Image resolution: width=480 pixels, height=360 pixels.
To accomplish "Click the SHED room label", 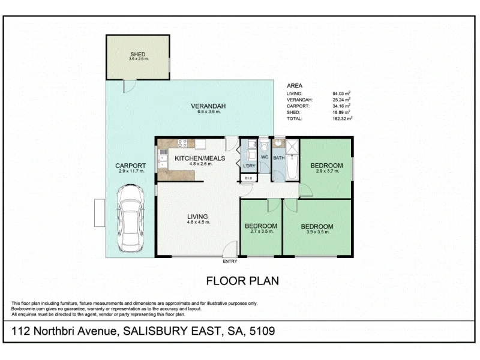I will point(137,54).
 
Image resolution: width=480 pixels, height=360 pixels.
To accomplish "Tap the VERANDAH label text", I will point(205,106).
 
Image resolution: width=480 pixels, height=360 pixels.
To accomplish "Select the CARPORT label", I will point(131,166).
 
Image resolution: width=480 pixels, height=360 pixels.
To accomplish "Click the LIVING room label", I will point(197,216).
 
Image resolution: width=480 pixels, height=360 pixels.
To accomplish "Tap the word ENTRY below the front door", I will point(230,261).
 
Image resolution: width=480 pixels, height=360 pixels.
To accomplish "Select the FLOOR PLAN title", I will point(242,280).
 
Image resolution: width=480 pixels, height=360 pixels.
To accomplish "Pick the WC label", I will point(264,157).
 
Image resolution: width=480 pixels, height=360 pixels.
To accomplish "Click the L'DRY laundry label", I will point(248,165).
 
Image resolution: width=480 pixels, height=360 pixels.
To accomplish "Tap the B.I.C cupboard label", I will point(248,178).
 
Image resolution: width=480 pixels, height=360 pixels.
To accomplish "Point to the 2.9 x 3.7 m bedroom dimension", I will point(327,172).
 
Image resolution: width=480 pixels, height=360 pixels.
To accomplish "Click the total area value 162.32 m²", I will point(341,118).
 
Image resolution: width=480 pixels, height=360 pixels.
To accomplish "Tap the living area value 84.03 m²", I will point(341,93).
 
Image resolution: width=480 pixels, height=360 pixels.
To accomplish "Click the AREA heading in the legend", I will point(295,85).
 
